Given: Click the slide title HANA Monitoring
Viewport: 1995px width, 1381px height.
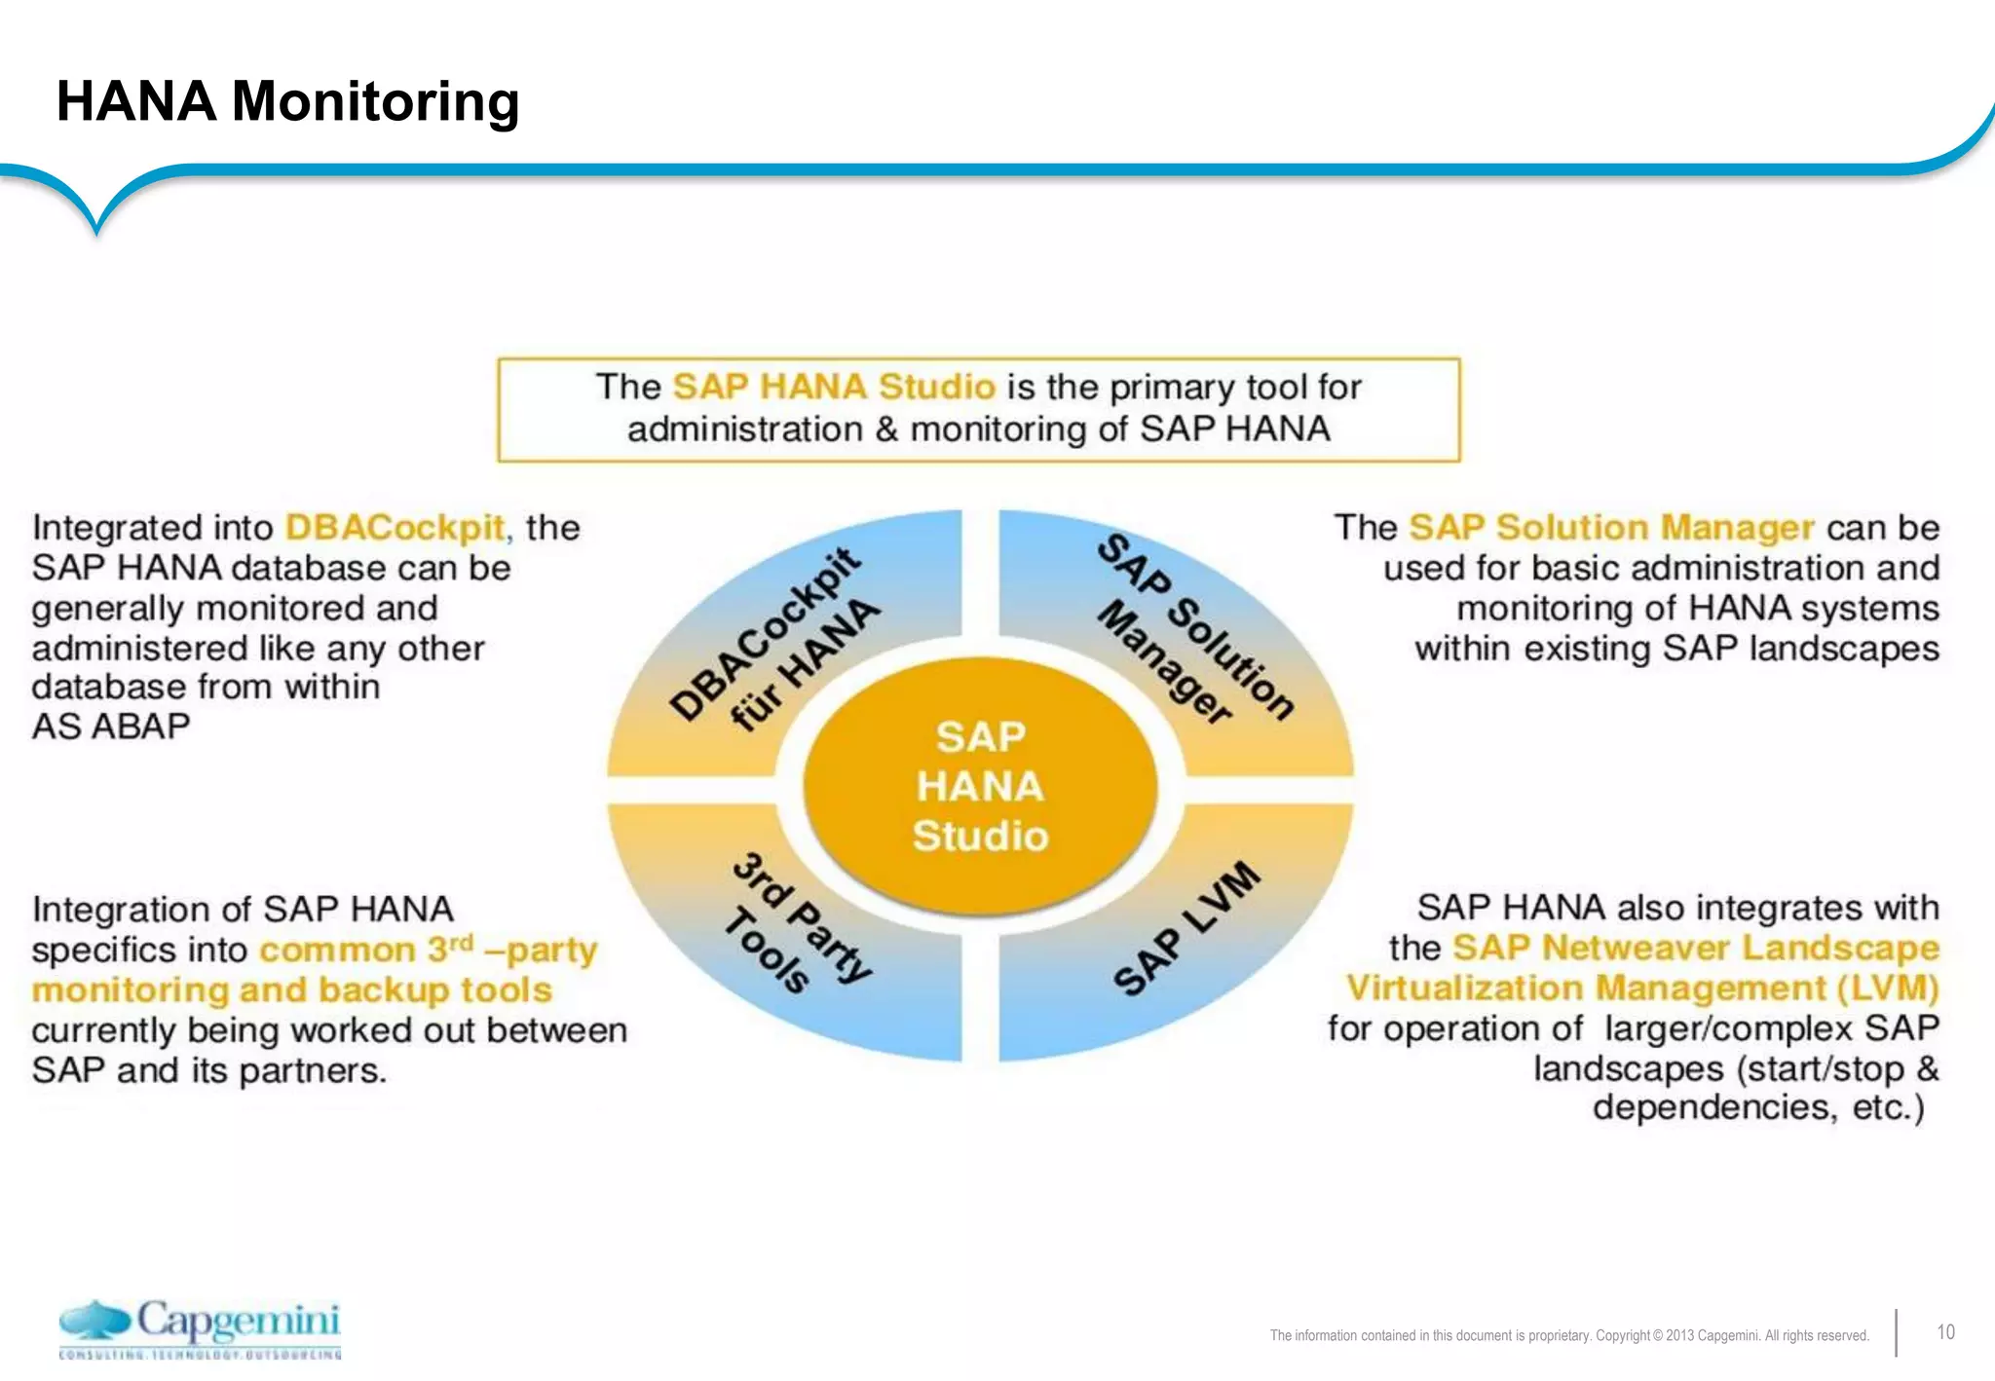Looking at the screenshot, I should tap(287, 101).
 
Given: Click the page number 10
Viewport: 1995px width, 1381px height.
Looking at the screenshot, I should tap(1945, 1332).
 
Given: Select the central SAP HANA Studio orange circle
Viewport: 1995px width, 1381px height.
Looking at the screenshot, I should tap(980, 786).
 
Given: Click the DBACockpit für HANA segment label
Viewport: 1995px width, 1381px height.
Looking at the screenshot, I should tap(775, 639).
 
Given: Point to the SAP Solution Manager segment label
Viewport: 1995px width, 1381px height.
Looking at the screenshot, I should tap(1194, 629).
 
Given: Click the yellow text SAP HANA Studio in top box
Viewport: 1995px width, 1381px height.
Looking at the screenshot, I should tap(834, 387).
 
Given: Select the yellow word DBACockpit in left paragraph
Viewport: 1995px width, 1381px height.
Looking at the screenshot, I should tap(395, 528).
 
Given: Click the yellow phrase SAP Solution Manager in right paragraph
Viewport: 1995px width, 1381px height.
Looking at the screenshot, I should tap(1611, 528).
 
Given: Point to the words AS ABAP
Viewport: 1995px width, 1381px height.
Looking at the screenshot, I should tap(111, 727).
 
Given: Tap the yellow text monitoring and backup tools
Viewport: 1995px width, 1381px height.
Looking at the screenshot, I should tap(292, 989).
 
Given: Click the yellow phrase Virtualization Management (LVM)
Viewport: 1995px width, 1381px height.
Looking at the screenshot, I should tap(1642, 988).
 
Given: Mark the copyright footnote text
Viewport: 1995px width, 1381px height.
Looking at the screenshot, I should tap(1568, 1335).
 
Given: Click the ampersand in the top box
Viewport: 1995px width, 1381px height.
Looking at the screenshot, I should tap(886, 429).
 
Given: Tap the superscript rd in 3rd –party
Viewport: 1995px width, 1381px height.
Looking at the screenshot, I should tap(461, 942).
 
